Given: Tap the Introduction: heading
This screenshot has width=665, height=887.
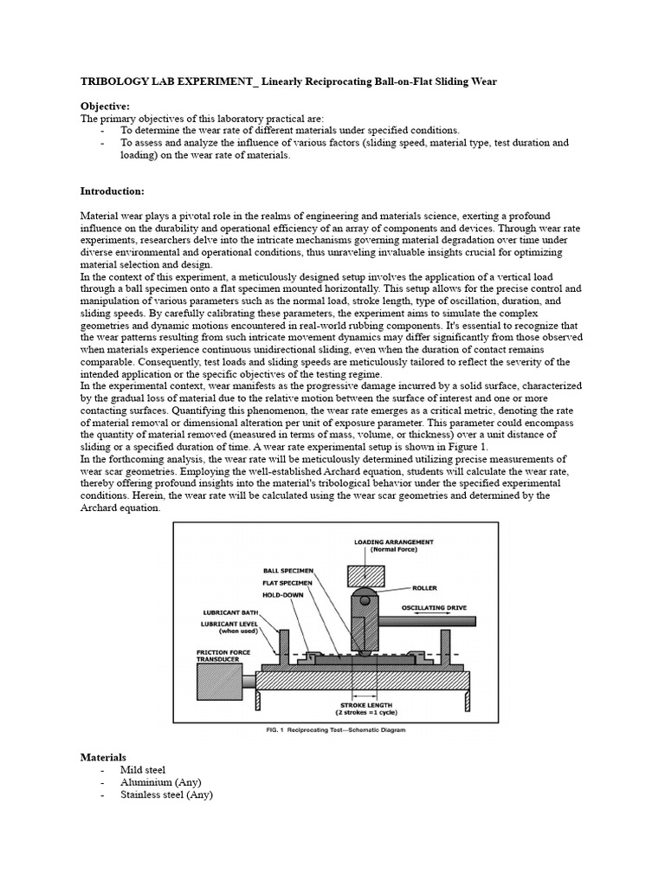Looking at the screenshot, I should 113,191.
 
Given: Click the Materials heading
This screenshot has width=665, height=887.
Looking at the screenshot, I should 103,757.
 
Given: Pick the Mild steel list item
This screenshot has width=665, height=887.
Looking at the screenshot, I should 143,769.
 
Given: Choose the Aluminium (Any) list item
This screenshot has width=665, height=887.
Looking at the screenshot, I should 160,782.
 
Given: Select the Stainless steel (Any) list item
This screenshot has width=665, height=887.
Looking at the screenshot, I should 166,795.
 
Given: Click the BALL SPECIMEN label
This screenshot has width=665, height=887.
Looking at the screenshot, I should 289,572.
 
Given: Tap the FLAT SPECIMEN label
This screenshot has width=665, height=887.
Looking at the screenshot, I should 289,583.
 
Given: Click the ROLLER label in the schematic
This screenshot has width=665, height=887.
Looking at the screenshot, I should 425,587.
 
